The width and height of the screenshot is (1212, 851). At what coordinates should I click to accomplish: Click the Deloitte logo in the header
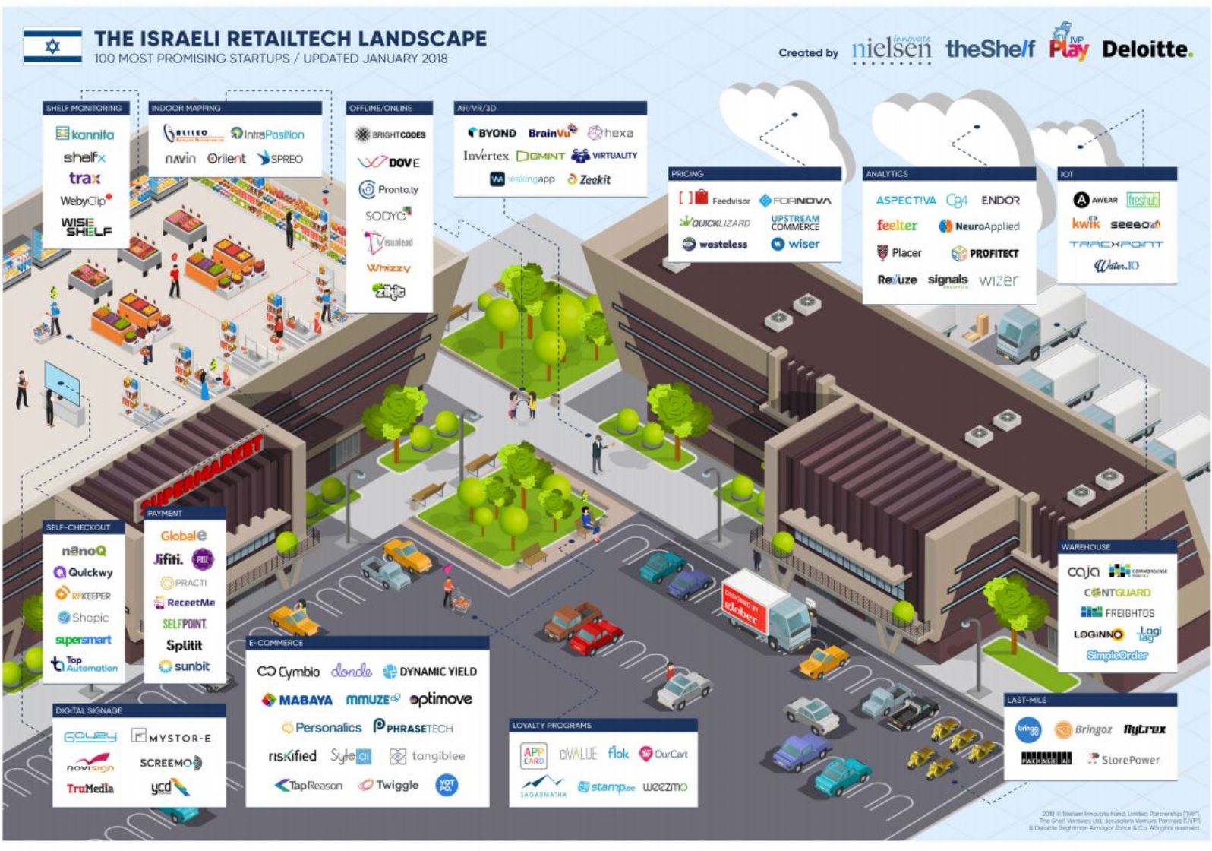pyautogui.click(x=1147, y=49)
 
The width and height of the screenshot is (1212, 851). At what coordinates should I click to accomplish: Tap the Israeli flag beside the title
pyautogui.click(x=52, y=46)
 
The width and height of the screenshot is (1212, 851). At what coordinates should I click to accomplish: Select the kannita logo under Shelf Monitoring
pyautogui.click(x=85, y=134)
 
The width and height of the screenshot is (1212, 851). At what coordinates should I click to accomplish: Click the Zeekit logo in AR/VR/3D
pyautogui.click(x=589, y=180)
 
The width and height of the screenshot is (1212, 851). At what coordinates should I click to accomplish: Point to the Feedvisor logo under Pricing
pyautogui.click(x=714, y=200)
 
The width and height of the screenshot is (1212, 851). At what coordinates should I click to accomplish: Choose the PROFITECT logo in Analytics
pyautogui.click(x=985, y=253)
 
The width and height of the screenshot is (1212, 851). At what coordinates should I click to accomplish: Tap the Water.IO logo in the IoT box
pyautogui.click(x=1116, y=266)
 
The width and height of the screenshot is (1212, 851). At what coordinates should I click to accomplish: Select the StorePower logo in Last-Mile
pyautogui.click(x=1124, y=759)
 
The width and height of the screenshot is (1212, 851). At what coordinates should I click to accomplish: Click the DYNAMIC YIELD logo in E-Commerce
pyautogui.click(x=430, y=672)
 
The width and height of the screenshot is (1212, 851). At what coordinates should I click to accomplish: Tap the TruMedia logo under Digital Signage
pyautogui.click(x=90, y=789)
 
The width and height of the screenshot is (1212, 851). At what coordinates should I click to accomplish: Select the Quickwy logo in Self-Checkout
pyautogui.click(x=84, y=573)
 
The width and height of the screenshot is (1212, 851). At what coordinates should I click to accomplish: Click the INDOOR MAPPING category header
pyautogui.click(x=186, y=108)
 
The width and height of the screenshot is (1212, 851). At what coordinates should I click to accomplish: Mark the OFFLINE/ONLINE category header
pyautogui.click(x=381, y=108)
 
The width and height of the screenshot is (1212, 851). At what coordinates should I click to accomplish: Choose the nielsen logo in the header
pyautogui.click(x=891, y=49)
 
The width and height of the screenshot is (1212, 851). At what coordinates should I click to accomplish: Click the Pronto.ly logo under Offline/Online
pyautogui.click(x=389, y=190)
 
